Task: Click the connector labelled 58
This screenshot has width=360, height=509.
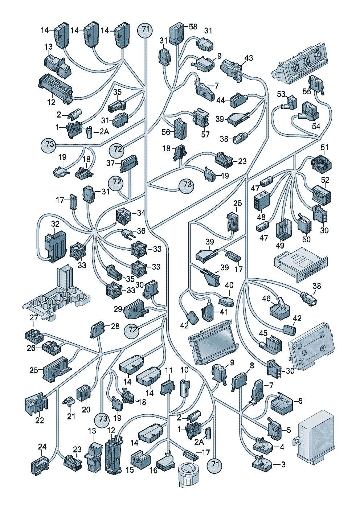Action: coord(176,33)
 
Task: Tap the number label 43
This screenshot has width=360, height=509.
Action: coord(249,58)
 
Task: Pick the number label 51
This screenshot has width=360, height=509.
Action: coord(324,148)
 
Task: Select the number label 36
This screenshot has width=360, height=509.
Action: coord(141,231)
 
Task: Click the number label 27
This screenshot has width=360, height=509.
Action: coord(34,318)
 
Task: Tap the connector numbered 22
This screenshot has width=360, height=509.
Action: coord(36,403)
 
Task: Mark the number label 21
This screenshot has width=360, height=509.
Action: coord(71,416)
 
